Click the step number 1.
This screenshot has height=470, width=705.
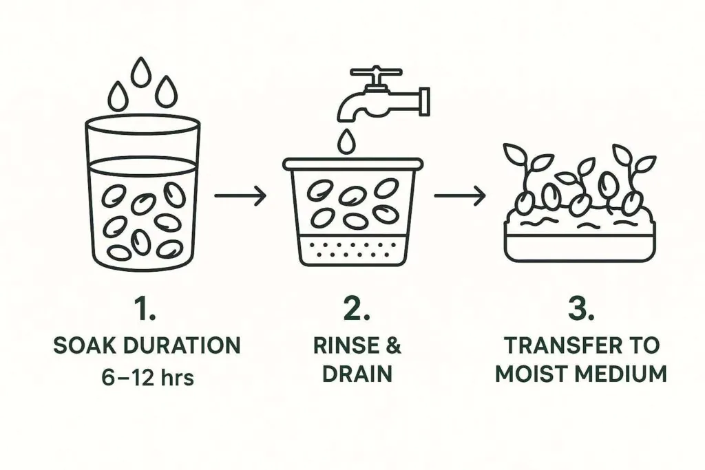click(x=146, y=310)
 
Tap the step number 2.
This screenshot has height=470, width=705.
click(x=356, y=310)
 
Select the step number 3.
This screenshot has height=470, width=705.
click(x=580, y=310)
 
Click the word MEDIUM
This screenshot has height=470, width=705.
click(x=622, y=374)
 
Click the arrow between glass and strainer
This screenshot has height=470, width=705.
click(x=240, y=197)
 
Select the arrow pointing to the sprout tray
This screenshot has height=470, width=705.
click(x=459, y=197)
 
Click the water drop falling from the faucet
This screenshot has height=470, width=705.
click(x=345, y=141)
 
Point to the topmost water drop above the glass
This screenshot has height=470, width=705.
click(x=142, y=71)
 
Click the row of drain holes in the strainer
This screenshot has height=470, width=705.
click(x=352, y=248)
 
